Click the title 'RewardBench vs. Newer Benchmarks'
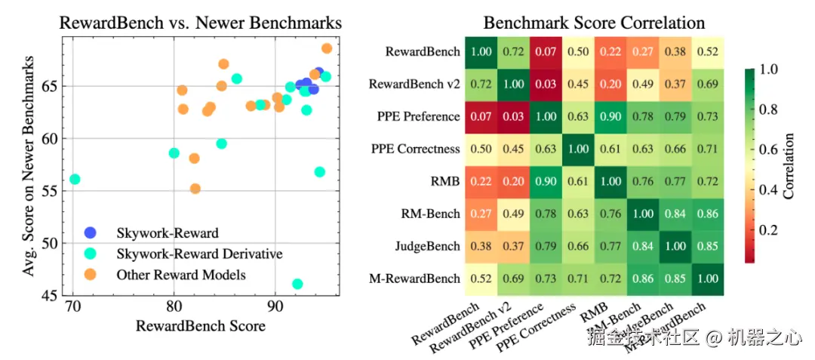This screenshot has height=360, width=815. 200,23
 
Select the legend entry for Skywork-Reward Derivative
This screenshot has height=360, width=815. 198,254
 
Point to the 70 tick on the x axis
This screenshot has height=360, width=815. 72,307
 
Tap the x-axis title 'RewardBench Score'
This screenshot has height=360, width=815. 201,326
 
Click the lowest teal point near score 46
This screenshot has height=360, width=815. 297,284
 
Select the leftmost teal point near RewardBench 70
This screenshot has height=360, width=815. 75,179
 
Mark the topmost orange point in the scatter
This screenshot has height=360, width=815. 327,48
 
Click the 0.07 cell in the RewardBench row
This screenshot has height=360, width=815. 545,52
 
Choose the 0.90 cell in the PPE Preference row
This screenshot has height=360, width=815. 610,116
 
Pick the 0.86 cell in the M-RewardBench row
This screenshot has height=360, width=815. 643,278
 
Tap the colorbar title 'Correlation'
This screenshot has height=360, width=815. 789,166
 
